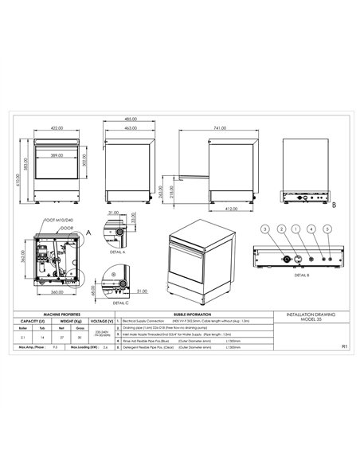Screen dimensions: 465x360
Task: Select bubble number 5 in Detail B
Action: click(x=327, y=229)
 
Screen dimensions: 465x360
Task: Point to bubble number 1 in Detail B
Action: click(x=296, y=229)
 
